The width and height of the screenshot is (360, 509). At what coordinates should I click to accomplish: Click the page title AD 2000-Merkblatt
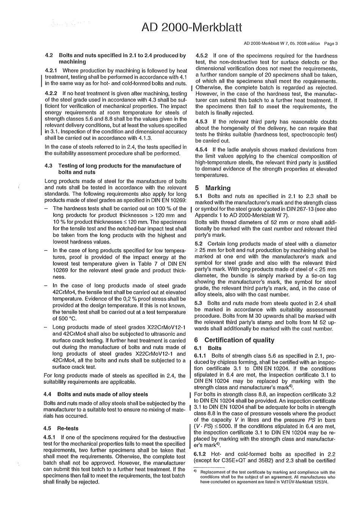point(191,27)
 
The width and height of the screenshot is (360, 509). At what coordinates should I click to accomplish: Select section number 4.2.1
point(51,71)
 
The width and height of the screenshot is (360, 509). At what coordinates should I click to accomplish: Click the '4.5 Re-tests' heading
point(61,428)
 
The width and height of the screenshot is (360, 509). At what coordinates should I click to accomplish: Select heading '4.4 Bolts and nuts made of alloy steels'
point(96,394)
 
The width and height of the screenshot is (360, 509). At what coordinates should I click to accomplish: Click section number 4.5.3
point(201,122)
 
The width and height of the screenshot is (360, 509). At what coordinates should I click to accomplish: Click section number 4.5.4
point(201,150)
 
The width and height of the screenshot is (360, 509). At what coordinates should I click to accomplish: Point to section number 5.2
point(199,244)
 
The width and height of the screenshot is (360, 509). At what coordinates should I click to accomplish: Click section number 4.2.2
point(51,93)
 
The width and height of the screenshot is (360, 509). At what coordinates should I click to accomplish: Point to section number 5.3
point(199,303)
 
